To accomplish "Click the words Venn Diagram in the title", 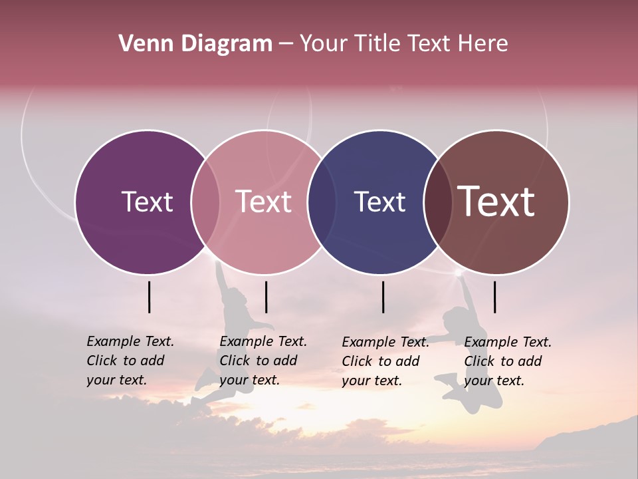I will [195, 44].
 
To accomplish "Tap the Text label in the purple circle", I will [147, 202].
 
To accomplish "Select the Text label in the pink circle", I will [264, 202].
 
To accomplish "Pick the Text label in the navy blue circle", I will [379, 202].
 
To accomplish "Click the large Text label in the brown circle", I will [496, 202].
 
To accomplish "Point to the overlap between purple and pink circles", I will [205, 202].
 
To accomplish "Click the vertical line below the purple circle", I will [150, 297].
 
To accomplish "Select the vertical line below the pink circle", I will [266, 297].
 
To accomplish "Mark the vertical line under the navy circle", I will [383, 297].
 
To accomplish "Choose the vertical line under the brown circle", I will [495, 297].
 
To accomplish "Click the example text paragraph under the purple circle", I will [130, 361].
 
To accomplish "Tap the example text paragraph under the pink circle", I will [263, 361].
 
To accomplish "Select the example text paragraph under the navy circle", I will [385, 361].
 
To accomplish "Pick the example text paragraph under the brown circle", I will [508, 361].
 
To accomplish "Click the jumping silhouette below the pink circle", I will [233, 319].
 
